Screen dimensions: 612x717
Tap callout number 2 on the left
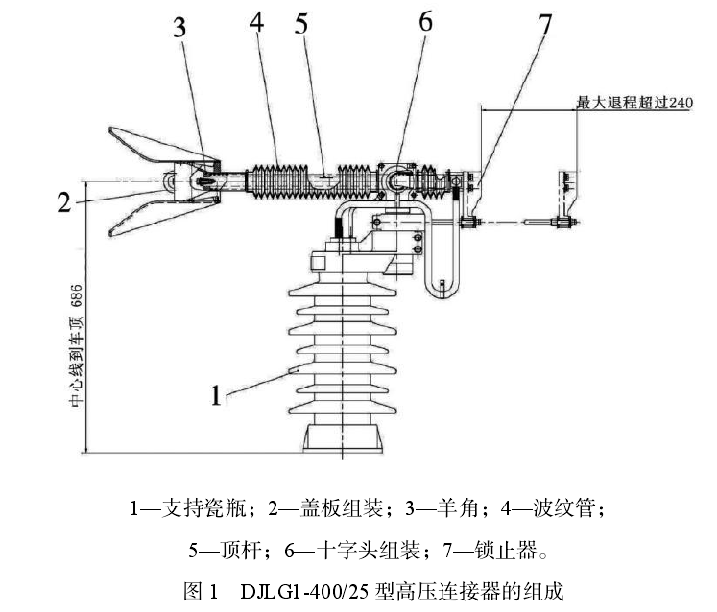coord(62,202)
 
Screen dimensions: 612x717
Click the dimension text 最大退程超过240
coord(633,102)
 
